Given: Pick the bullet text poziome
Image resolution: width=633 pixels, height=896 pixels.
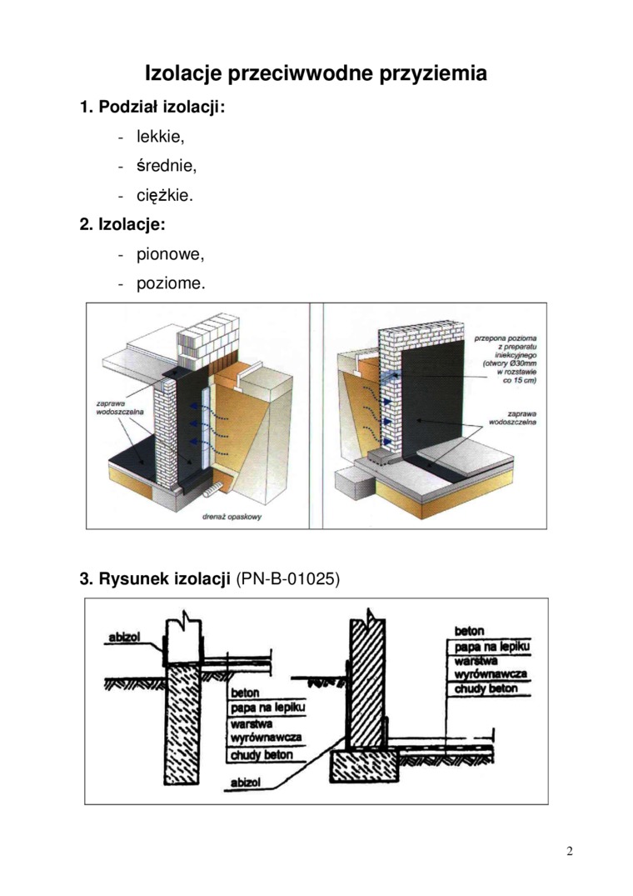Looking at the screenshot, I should (x=170, y=283).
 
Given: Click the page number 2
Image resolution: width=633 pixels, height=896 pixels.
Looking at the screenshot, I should (x=570, y=851).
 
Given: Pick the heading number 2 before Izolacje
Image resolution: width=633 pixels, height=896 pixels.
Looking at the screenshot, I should (x=84, y=225).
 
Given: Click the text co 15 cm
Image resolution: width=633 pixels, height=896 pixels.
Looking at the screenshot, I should (x=521, y=381).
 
